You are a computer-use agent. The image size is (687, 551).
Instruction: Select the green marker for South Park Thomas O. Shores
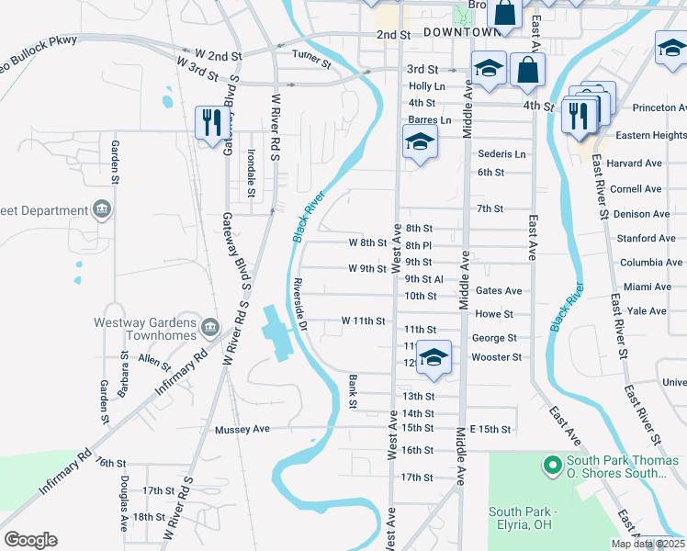[x=552, y=466]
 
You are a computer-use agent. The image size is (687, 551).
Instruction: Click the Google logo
[x=30, y=540]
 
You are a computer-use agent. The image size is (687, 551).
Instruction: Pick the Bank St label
[x=353, y=391]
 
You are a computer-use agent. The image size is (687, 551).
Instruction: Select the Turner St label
[x=310, y=59]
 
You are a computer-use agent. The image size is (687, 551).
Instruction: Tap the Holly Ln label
[x=426, y=86]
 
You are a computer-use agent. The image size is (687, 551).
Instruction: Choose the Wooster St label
[x=496, y=357]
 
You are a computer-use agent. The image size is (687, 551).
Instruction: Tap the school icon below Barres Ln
[x=420, y=142]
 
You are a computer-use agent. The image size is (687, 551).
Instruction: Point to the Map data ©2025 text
[x=648, y=544]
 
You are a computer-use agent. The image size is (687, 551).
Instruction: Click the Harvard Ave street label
[x=635, y=163]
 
